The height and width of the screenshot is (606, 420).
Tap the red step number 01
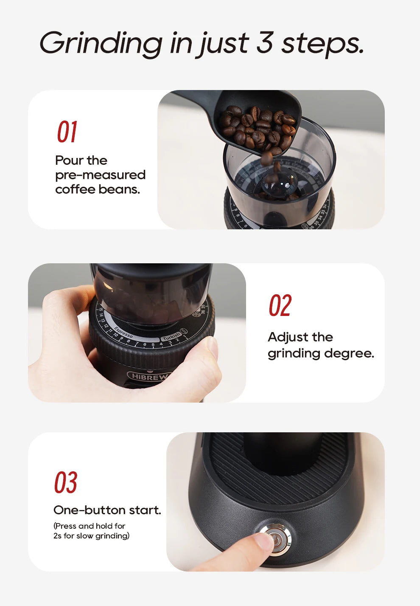67,132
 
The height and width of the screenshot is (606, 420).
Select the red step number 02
280,305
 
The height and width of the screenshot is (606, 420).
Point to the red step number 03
65,482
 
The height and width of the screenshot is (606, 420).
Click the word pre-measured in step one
100,175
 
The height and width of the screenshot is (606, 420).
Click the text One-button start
107,510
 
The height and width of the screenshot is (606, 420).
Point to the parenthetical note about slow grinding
91,531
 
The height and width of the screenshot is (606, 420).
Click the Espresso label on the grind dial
123,333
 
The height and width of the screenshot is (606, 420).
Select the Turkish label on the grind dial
171,336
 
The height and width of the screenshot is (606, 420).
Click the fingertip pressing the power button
259,543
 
